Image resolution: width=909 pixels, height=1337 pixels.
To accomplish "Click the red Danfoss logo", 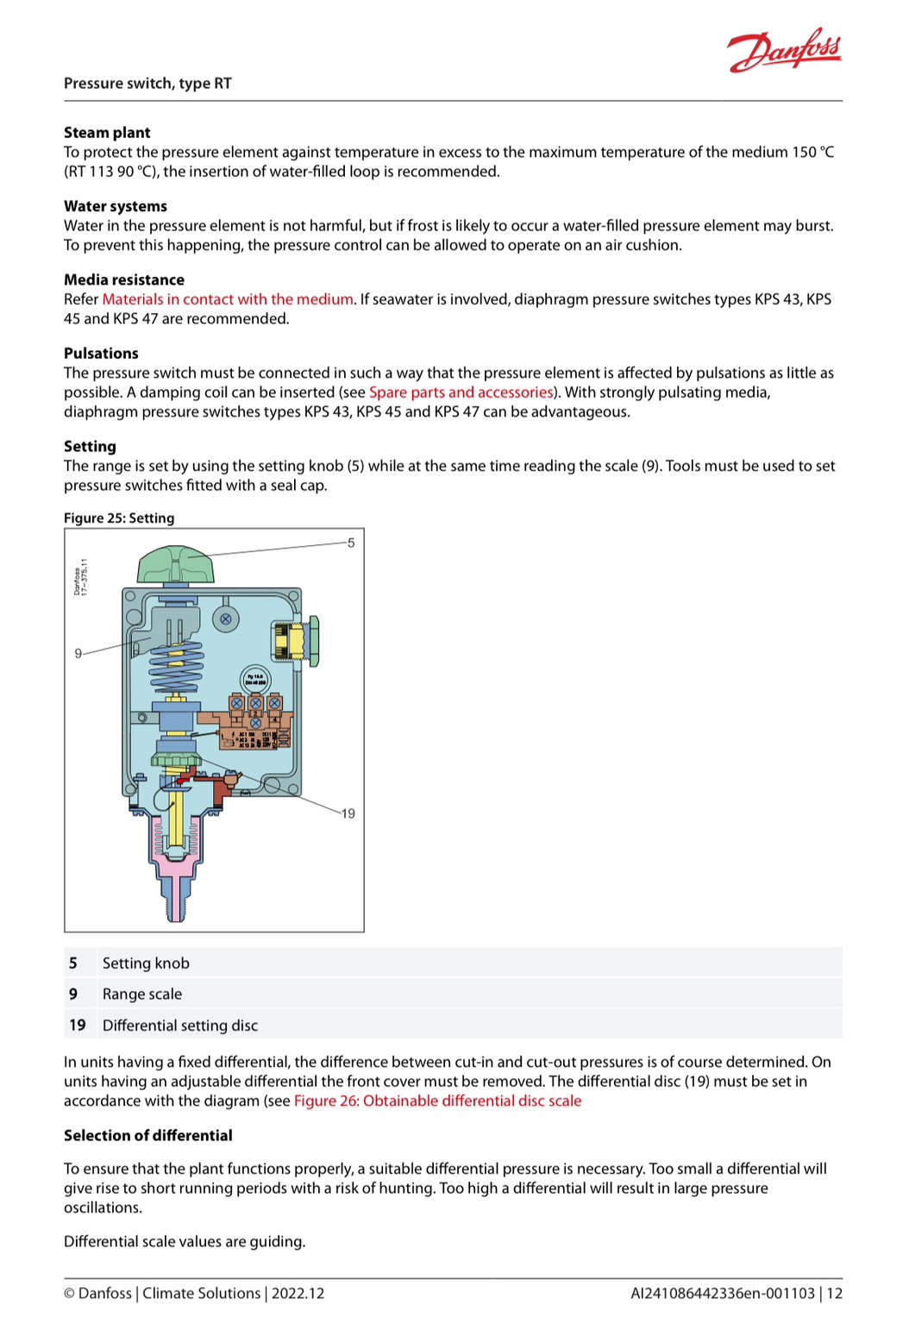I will point(784,51).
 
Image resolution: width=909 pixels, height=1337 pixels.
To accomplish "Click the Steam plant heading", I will point(107,133).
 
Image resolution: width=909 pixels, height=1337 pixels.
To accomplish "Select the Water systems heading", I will point(116,206).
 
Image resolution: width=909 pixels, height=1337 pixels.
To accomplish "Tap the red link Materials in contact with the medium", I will point(228,299).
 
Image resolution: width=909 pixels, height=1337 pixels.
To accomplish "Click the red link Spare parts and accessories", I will point(461,392).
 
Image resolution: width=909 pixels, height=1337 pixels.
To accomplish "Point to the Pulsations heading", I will point(101,354).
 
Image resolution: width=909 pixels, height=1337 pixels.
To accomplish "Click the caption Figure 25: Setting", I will point(119,518).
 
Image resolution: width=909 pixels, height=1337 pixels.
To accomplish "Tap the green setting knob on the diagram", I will point(175,564).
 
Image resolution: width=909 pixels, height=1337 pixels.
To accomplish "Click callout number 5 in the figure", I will point(351,543).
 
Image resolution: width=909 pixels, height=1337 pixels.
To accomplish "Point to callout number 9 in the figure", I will point(78,654).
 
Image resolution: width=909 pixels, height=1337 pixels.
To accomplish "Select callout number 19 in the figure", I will point(348,813).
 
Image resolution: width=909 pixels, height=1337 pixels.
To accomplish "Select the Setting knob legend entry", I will point(146,964).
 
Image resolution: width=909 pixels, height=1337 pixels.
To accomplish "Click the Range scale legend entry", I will point(142,995).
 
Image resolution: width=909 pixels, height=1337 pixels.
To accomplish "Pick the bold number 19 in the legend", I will point(77,1026).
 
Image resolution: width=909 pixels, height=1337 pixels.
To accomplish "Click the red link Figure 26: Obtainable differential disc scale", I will point(437,1102).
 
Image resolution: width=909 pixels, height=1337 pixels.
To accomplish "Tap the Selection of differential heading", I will point(148,1136).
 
